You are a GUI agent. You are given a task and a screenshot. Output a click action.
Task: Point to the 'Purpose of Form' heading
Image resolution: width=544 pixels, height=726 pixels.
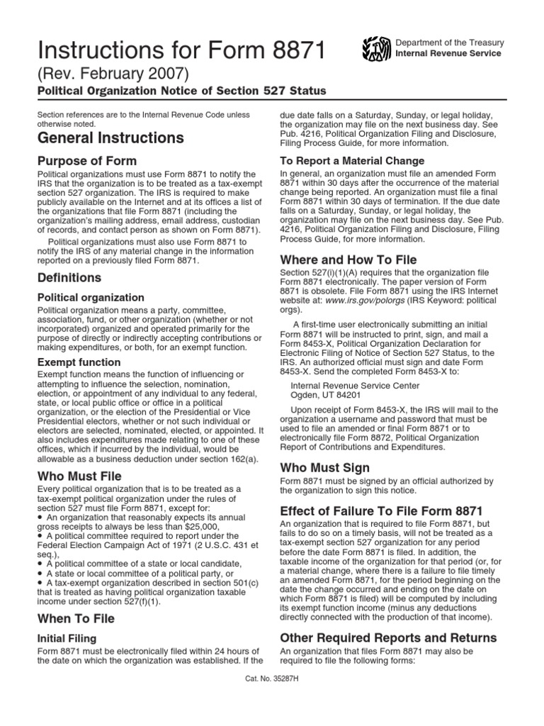point(86,161)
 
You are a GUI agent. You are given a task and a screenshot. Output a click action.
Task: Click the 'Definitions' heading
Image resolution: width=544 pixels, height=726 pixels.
point(69,277)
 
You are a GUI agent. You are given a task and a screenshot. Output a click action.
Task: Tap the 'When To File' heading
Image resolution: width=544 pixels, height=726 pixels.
point(76,619)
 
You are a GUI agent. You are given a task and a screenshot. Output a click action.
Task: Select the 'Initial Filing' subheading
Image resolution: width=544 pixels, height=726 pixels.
point(67,638)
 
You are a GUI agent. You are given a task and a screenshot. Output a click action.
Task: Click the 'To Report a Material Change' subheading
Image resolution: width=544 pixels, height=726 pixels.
point(352,161)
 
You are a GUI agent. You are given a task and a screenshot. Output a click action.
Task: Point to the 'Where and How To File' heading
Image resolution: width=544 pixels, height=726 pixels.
point(348,260)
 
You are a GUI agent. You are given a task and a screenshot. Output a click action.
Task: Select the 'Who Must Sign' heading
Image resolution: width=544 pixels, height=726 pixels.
point(325,468)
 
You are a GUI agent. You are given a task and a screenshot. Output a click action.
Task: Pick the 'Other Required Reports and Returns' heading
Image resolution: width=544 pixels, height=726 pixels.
point(388,638)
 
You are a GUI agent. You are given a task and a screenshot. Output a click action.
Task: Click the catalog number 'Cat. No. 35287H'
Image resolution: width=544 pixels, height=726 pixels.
point(271,676)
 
